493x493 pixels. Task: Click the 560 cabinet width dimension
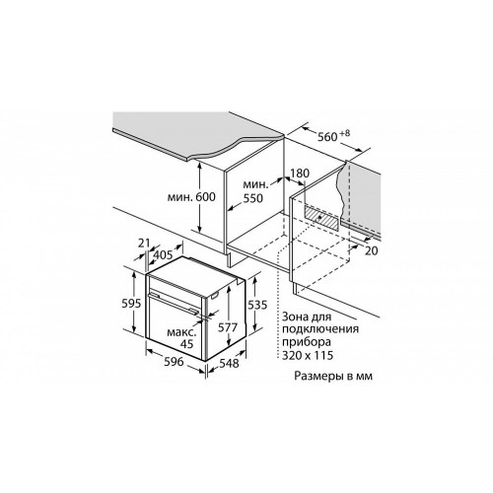tap(327, 136)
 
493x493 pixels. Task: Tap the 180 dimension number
tap(300, 173)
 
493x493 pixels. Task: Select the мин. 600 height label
tap(191, 197)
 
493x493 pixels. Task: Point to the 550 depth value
tap(253, 198)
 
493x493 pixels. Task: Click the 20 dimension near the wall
tap(372, 250)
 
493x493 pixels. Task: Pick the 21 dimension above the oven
tap(144, 244)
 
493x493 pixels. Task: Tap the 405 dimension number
tap(163, 254)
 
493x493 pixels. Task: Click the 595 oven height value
tap(131, 303)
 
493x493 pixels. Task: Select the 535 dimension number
tap(257, 305)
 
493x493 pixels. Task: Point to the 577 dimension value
tap(228, 327)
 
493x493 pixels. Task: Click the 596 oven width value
tap(174, 362)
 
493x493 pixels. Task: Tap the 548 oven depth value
tap(229, 363)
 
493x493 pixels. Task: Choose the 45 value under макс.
tap(187, 344)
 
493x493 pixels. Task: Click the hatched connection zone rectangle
tap(321, 217)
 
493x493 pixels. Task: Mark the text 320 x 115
tap(308, 355)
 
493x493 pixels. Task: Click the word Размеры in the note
tap(317, 376)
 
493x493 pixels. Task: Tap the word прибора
tap(307, 342)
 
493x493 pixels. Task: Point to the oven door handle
tap(174, 303)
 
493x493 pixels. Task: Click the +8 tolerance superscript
tap(345, 133)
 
